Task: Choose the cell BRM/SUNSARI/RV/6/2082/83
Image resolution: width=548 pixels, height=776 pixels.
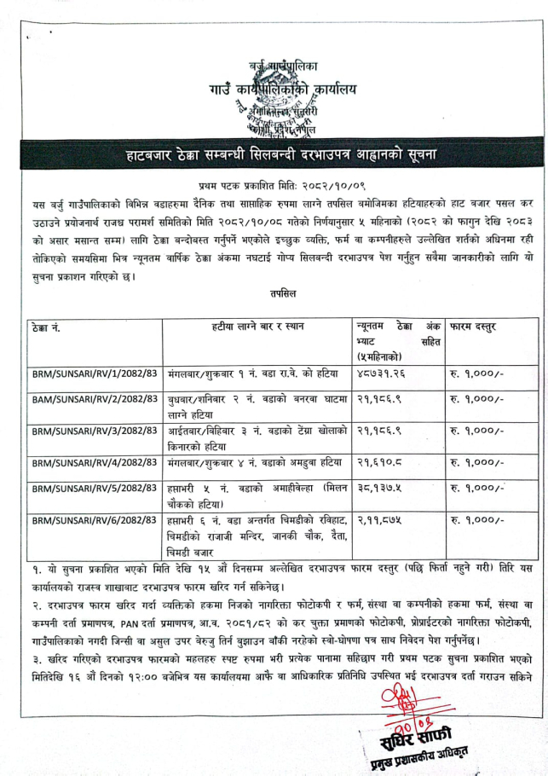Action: [94, 520]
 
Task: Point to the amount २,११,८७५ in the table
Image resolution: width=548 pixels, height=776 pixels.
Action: [378, 519]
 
